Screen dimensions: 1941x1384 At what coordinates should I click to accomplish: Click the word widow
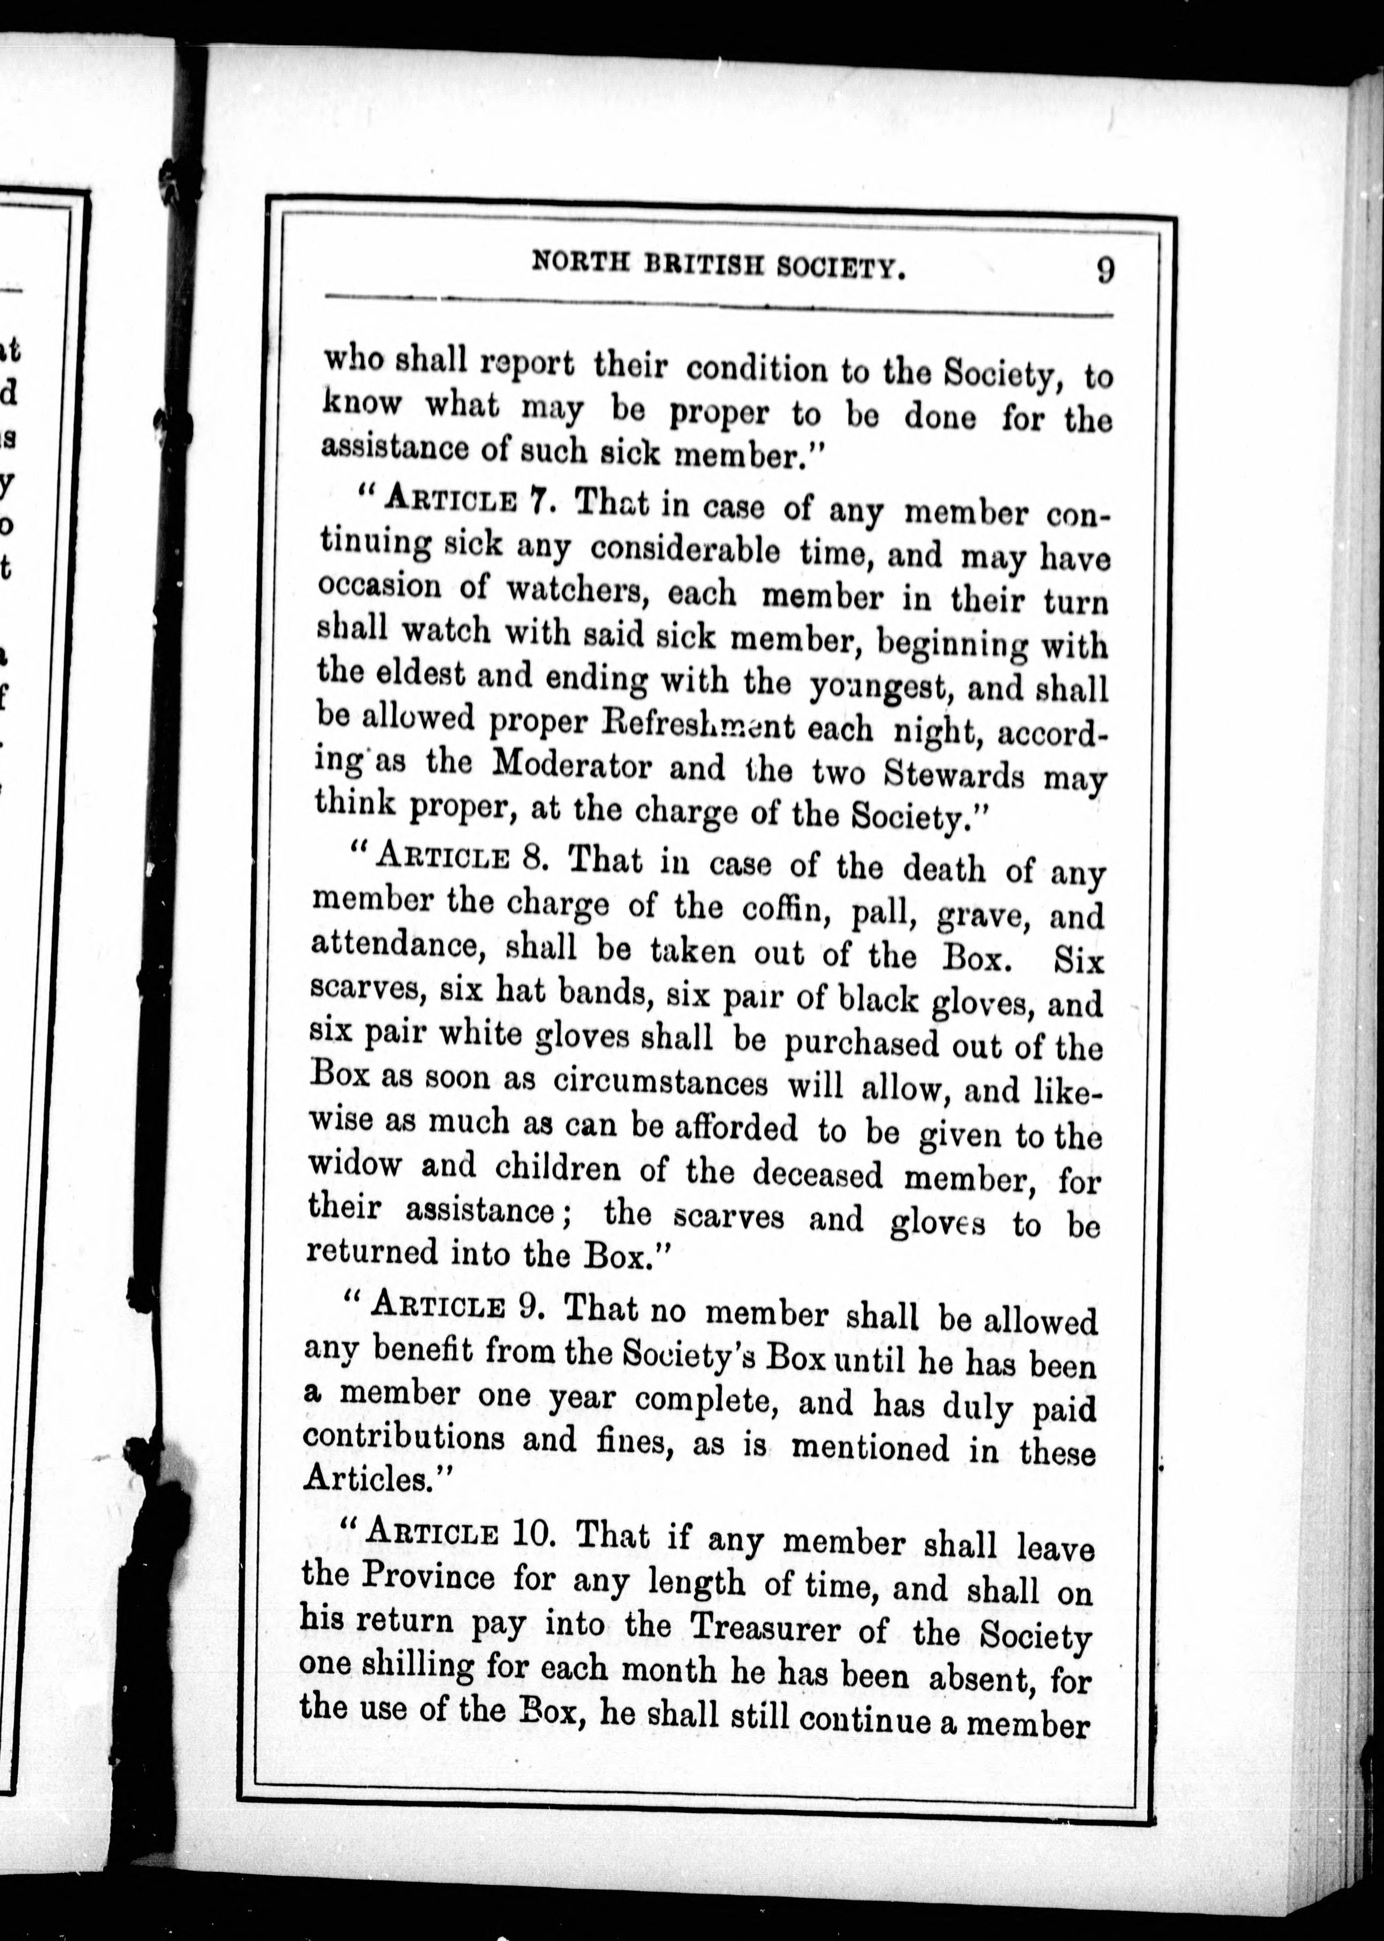click(x=355, y=1164)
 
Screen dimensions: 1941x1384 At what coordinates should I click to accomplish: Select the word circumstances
click(x=660, y=1083)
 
